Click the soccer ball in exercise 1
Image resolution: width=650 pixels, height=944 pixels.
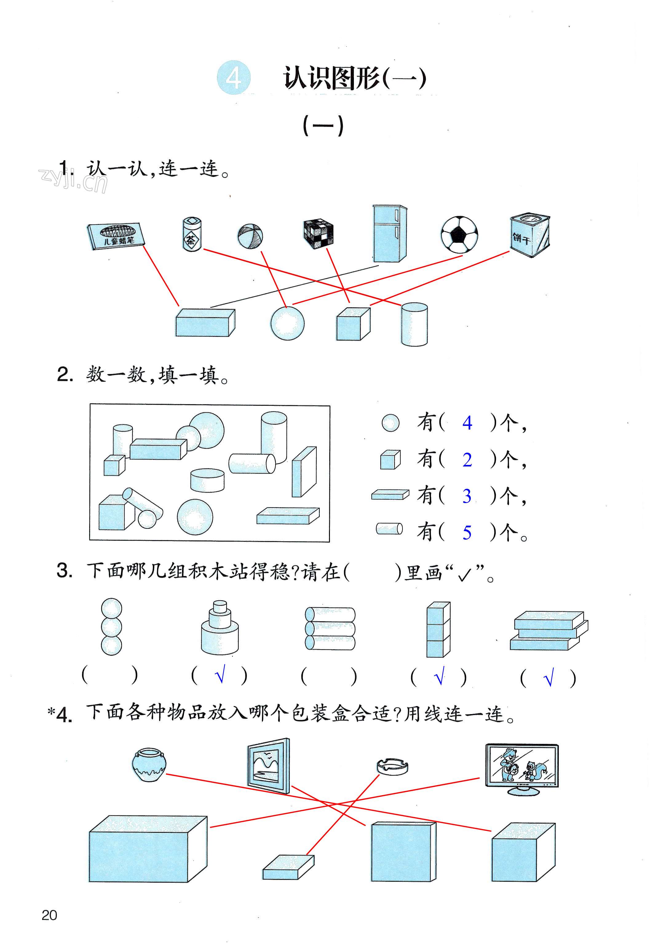[459, 234]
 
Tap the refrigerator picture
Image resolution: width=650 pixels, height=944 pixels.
[389, 233]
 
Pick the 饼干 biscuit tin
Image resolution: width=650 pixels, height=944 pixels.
[529, 236]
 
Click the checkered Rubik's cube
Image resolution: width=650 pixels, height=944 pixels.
[319, 234]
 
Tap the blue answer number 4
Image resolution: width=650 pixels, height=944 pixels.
[467, 423]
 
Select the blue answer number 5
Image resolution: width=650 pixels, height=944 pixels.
[467, 533]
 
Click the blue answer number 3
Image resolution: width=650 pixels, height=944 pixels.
[467, 496]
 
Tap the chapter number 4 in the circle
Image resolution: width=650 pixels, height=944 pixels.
[233, 78]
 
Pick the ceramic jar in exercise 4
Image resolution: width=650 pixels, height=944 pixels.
[149, 764]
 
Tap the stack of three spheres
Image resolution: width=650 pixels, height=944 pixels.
[111, 627]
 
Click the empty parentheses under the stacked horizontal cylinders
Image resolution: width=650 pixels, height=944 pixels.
[329, 677]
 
